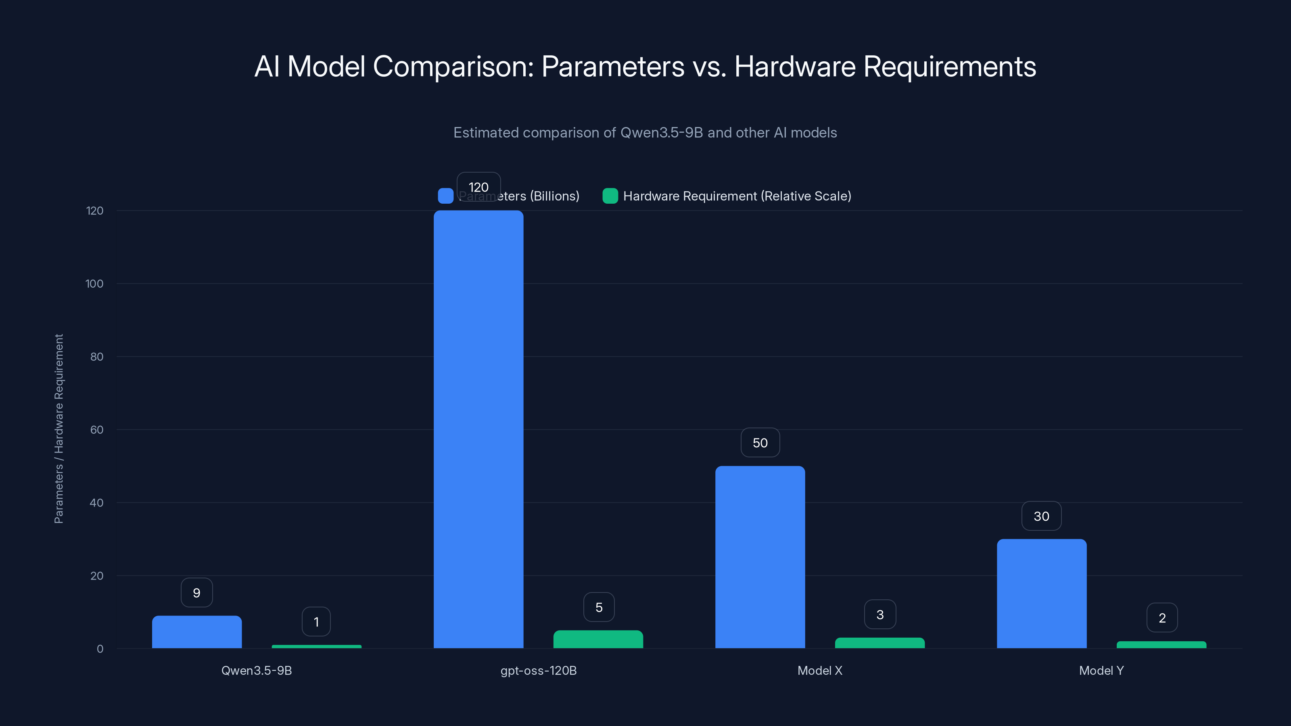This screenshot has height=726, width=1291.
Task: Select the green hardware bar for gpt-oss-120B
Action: coord(598,639)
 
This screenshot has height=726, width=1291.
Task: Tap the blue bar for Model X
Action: coord(760,557)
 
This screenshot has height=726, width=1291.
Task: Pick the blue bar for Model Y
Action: coord(1041,594)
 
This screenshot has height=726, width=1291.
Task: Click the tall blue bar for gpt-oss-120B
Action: coord(478,430)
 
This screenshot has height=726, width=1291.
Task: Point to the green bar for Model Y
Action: coord(1161,645)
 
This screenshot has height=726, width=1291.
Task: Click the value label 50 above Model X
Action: coord(760,443)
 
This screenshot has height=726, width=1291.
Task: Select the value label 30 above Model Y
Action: coord(1041,516)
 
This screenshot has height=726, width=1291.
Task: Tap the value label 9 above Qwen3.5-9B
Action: coord(196,593)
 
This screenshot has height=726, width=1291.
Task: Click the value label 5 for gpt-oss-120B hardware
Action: coord(599,607)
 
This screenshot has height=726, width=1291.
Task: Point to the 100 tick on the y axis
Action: coord(94,284)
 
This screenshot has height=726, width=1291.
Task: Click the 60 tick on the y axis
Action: coord(96,430)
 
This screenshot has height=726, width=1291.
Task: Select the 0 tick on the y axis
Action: coord(100,649)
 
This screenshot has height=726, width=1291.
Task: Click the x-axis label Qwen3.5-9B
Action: coord(257,670)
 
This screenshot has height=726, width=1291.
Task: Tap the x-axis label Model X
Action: coord(820,670)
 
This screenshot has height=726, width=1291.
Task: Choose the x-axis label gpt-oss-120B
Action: coord(539,670)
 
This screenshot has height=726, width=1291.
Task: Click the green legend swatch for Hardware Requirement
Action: coord(610,196)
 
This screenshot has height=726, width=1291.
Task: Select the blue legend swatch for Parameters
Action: coord(445,196)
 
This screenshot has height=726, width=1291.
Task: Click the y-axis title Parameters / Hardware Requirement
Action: coord(58,429)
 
